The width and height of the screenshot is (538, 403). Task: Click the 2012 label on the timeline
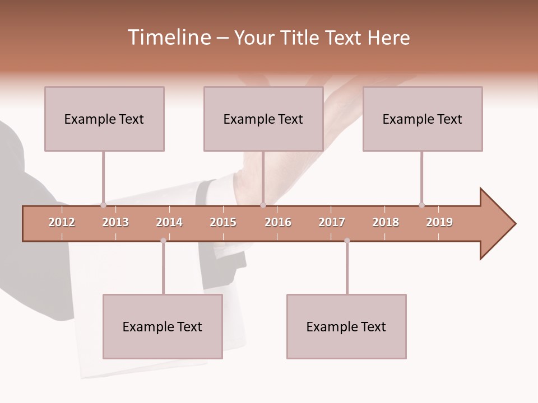click(x=62, y=222)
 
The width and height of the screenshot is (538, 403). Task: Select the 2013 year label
click(x=115, y=222)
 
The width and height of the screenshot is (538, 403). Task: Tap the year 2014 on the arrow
click(x=169, y=222)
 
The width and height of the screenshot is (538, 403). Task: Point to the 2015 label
click(x=223, y=222)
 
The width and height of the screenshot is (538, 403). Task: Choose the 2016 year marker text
click(x=278, y=222)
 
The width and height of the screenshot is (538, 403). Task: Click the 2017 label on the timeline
click(x=332, y=222)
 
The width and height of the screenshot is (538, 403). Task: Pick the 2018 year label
click(x=386, y=222)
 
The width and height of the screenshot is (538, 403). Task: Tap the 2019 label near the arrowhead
click(x=439, y=222)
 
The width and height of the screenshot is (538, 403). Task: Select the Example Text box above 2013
click(x=104, y=119)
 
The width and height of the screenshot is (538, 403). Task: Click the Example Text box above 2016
click(x=263, y=119)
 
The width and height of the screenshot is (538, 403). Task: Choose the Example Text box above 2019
click(x=423, y=119)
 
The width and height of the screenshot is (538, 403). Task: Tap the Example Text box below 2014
click(x=163, y=326)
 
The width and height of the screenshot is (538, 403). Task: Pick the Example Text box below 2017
click(x=346, y=326)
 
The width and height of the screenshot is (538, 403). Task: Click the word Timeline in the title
click(x=168, y=38)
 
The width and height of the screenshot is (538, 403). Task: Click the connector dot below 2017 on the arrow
click(x=347, y=241)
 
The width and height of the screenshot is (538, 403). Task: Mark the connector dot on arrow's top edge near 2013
click(x=103, y=205)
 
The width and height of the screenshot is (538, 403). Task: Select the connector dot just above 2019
click(x=421, y=205)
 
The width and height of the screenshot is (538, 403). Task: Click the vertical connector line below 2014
click(x=163, y=269)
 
